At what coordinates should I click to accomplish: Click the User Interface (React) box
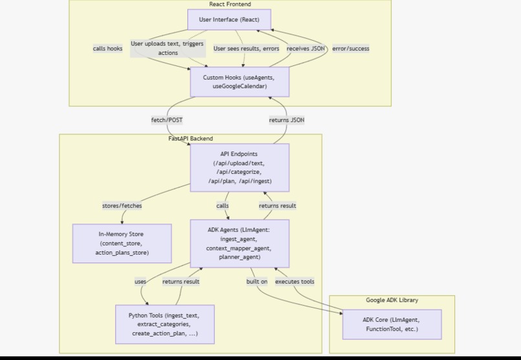pyautogui.click(x=229, y=19)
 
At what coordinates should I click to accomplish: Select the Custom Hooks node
pyautogui.click(x=239, y=82)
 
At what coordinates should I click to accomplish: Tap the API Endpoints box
pyautogui.click(x=239, y=168)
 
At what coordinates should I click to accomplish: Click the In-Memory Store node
pyautogui.click(x=122, y=243)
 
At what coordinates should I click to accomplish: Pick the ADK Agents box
pyautogui.click(x=239, y=243)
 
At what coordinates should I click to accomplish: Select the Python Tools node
pyautogui.click(x=164, y=324)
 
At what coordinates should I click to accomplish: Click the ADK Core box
pyautogui.click(x=391, y=324)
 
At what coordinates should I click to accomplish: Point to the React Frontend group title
pyautogui.click(x=229, y=5)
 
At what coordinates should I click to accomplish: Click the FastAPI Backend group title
pyautogui.click(x=191, y=138)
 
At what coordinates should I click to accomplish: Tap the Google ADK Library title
pyautogui.click(x=392, y=300)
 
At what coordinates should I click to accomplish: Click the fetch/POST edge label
pyautogui.click(x=167, y=120)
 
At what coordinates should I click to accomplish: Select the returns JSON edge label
pyautogui.click(x=286, y=120)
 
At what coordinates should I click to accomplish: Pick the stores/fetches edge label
pyautogui.click(x=122, y=206)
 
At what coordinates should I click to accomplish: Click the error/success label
pyautogui.click(x=350, y=48)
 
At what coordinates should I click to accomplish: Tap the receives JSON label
pyautogui.click(x=306, y=48)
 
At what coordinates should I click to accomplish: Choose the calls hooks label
pyautogui.click(x=107, y=48)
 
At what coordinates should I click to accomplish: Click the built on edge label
pyautogui.click(x=257, y=281)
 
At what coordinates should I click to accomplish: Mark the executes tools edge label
pyautogui.click(x=295, y=281)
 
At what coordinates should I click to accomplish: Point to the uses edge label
pyautogui.click(x=140, y=281)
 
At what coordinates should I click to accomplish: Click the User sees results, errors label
pyautogui.click(x=246, y=48)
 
